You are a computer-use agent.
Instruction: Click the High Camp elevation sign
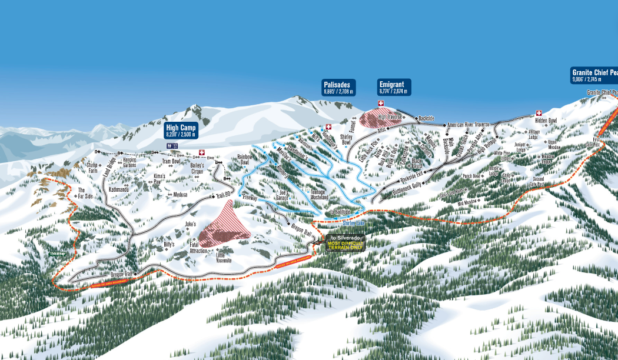[181, 130]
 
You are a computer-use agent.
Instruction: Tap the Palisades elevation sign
[339, 88]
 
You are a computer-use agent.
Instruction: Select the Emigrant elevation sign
[394, 88]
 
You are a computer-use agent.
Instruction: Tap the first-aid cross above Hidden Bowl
[539, 114]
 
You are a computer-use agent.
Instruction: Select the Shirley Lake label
[354, 224]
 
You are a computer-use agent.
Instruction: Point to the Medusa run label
[181, 195]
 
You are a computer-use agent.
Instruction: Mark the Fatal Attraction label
[198, 248]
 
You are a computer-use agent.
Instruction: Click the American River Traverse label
[469, 125]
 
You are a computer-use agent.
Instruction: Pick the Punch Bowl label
[471, 176]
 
